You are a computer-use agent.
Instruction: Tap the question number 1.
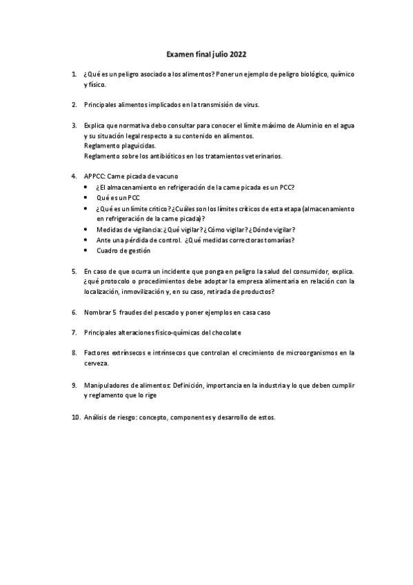74,73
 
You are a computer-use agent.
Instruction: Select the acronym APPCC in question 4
93,177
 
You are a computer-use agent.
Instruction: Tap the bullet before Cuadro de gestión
85,250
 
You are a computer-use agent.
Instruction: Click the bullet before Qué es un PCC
85,197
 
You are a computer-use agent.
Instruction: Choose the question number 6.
74,312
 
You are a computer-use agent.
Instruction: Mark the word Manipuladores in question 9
108,384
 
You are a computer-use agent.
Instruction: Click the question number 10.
75,417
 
